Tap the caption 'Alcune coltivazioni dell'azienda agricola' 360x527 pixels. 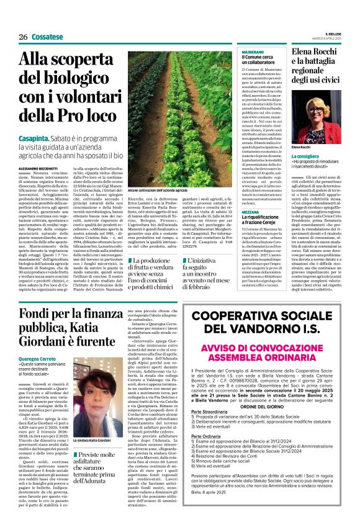tap(161, 189)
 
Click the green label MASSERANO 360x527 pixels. tap(252, 53)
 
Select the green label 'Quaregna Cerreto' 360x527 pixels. tap(37, 359)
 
